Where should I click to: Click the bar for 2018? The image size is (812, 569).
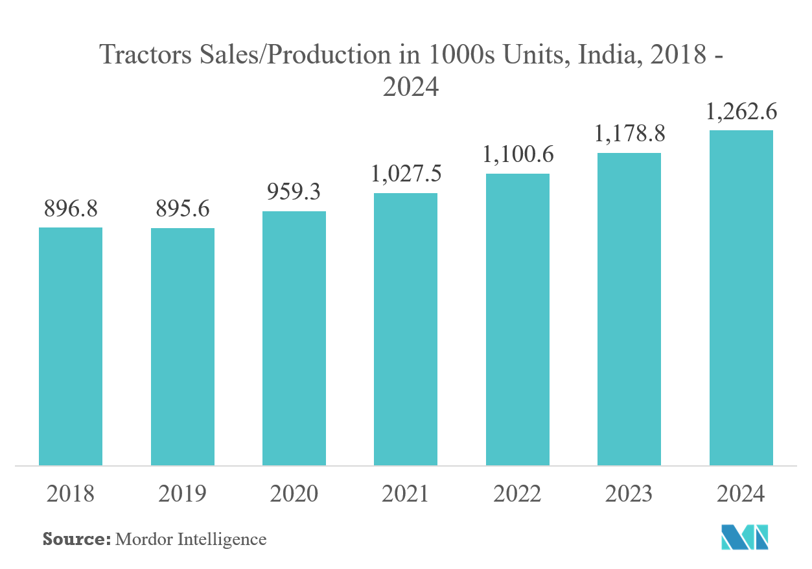coord(71,346)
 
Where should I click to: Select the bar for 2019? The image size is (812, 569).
coord(183,347)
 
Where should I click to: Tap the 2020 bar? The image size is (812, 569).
coord(294,338)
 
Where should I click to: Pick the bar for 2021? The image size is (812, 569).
coord(406,329)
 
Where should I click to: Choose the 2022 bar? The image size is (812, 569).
coord(517,319)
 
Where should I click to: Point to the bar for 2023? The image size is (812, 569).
coord(629,309)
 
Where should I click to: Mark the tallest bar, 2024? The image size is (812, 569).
coord(741,298)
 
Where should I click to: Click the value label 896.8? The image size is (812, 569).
coord(71,209)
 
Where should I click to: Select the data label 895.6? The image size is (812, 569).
coord(183,210)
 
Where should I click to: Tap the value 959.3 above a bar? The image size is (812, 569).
coord(294,192)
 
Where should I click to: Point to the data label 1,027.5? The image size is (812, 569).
coord(406,174)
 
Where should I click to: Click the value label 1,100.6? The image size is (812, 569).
coord(517,155)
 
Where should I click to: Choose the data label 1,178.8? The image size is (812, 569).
coord(629,134)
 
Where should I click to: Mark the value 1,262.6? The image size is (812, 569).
coord(741,112)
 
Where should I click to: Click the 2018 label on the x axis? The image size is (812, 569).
coord(71,494)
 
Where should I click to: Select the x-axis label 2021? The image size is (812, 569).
coord(406,494)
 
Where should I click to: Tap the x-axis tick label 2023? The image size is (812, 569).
coord(629,494)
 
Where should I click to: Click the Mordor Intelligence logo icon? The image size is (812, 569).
coord(745,536)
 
